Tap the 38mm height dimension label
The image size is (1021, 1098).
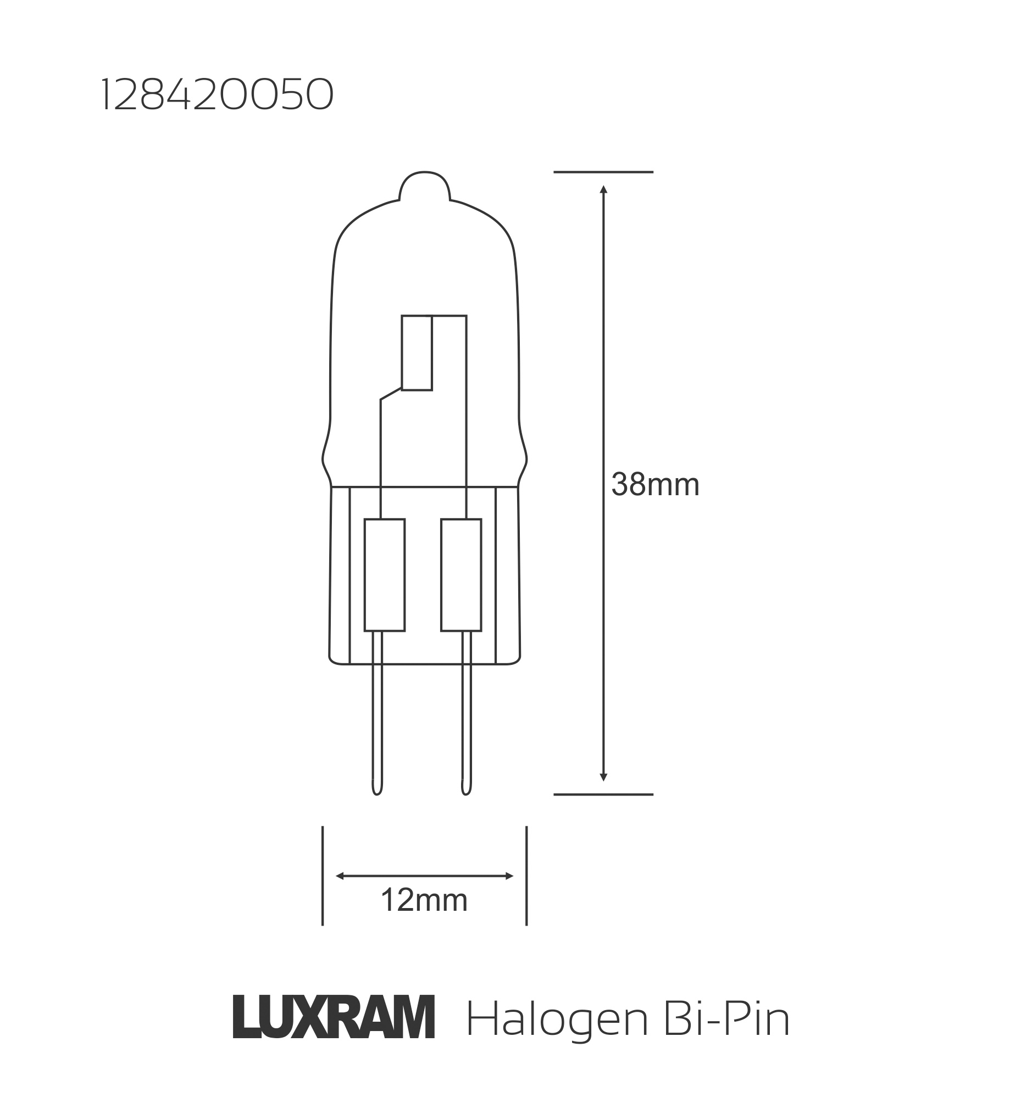[655, 485]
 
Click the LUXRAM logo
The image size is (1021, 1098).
[334, 1017]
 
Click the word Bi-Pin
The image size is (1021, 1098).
[726, 1019]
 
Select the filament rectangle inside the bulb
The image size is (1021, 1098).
[417, 353]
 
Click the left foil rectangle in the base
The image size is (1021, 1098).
[385, 575]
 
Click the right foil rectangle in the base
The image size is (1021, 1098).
[461, 575]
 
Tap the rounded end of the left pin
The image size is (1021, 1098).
[377, 791]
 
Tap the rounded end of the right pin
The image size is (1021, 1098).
[467, 791]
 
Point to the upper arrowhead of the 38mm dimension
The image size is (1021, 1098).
[603, 189]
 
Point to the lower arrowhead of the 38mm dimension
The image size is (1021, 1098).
[603, 777]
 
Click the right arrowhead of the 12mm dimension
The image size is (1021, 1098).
[509, 876]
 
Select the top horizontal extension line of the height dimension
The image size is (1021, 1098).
[603, 172]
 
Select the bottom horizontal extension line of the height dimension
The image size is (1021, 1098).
[603, 794]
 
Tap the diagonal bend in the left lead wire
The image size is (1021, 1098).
[391, 394]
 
